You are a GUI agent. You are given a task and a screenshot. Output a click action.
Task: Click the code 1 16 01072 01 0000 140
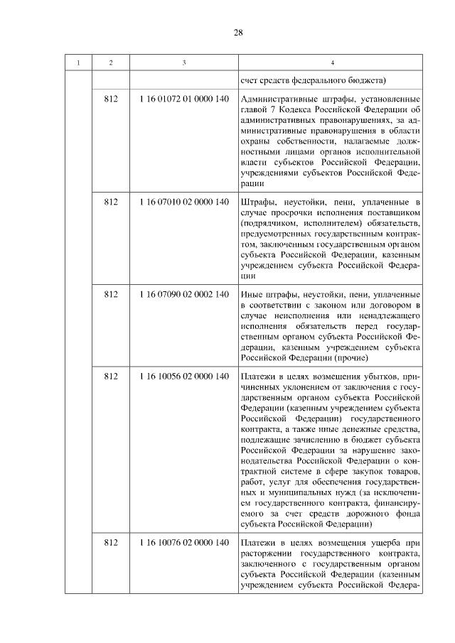point(184,98)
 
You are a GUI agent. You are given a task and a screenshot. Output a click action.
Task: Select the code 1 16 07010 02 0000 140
point(184,202)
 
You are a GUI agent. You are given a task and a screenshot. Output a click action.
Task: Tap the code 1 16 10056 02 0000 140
point(184,375)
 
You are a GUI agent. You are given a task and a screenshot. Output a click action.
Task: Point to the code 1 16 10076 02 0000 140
point(184,543)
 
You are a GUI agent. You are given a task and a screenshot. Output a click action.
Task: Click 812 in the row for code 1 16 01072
point(110,98)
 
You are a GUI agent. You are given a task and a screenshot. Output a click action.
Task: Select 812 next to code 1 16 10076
point(110,543)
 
